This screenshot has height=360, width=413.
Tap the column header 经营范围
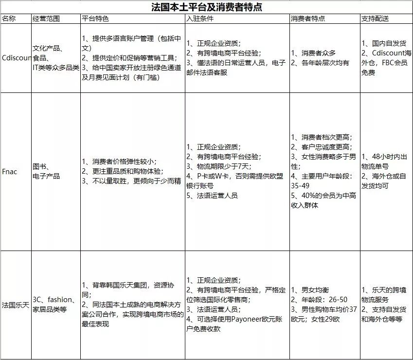[46, 19]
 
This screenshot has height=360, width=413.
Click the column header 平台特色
[96, 19]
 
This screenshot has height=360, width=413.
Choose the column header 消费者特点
[308, 19]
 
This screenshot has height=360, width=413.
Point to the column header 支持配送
[375, 19]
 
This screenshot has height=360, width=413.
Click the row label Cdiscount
[16, 57]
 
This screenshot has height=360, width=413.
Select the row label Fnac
[9, 171]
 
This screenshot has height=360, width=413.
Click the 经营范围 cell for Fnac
[46, 171]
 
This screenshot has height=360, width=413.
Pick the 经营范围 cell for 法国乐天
[54, 305]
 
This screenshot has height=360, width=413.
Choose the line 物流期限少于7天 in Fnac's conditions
[218, 166]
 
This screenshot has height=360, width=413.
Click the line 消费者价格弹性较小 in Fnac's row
[119, 162]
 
